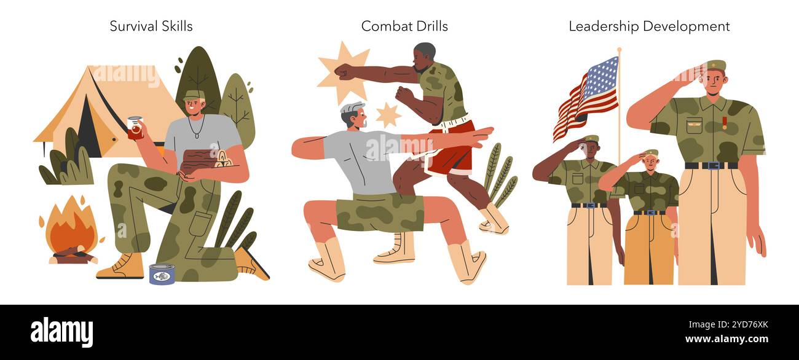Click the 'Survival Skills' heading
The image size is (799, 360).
pyautogui.click(x=151, y=26)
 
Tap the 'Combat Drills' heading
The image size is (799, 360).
pyautogui.click(x=404, y=26)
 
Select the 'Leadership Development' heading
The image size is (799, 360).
pyautogui.click(x=649, y=26)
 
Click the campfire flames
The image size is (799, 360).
pyautogui.click(x=71, y=227)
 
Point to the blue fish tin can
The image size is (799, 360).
pyautogui.click(x=162, y=275)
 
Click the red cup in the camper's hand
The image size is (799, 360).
pyautogui.click(x=135, y=128)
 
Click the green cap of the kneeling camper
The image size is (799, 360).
pyautogui.click(x=194, y=95)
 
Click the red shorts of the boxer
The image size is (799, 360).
pyautogui.click(x=452, y=150)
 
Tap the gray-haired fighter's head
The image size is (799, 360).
pyautogui.click(x=353, y=115)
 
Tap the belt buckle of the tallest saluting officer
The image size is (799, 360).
pyautogui.click(x=712, y=165)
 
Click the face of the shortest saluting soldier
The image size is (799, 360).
pyautogui.click(x=650, y=163)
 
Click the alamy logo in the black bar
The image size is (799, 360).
pyautogui.click(x=61, y=332)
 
